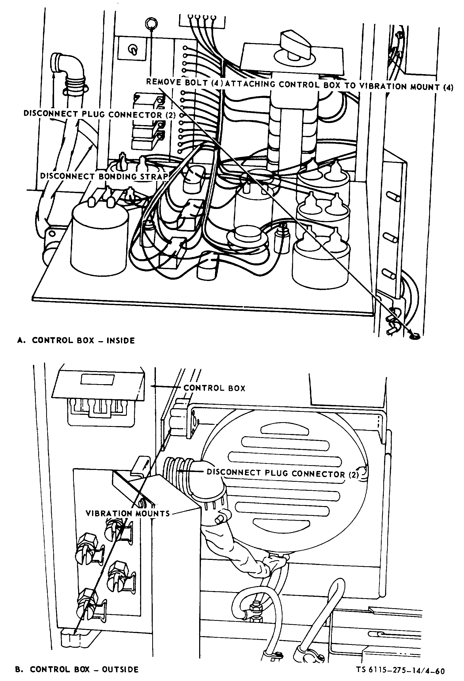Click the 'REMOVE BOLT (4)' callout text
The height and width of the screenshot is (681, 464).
coord(185,82)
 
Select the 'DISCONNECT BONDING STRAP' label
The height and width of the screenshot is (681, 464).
coord(104,176)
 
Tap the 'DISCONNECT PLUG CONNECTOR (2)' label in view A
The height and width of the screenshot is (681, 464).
coord(100,114)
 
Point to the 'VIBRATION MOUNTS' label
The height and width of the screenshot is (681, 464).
coord(128,513)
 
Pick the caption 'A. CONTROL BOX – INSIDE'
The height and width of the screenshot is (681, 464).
coord(76,340)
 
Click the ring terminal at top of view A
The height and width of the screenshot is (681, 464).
coord(152,23)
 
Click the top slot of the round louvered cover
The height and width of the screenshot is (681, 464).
coord(284,430)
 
